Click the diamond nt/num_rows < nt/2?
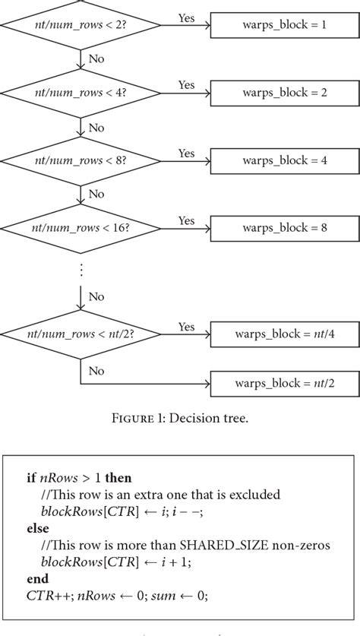click(80, 335)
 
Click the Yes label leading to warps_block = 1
click(186, 17)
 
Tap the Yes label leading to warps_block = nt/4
click(186, 326)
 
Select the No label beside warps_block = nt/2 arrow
click(96, 372)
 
